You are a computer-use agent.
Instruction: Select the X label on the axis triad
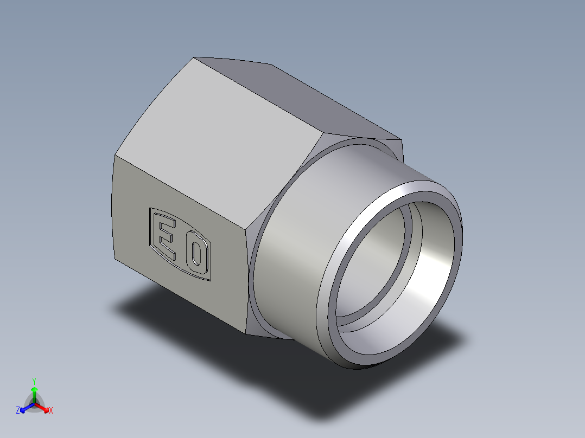pyautogui.click(x=51, y=411)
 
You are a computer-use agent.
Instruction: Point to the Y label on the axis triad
pyautogui.click(x=34, y=381)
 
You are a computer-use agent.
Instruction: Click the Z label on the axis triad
pyautogui.click(x=18, y=411)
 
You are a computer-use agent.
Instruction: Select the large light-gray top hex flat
pyautogui.click(x=217, y=141)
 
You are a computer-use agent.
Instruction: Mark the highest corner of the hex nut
pyautogui.click(x=195, y=57)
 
